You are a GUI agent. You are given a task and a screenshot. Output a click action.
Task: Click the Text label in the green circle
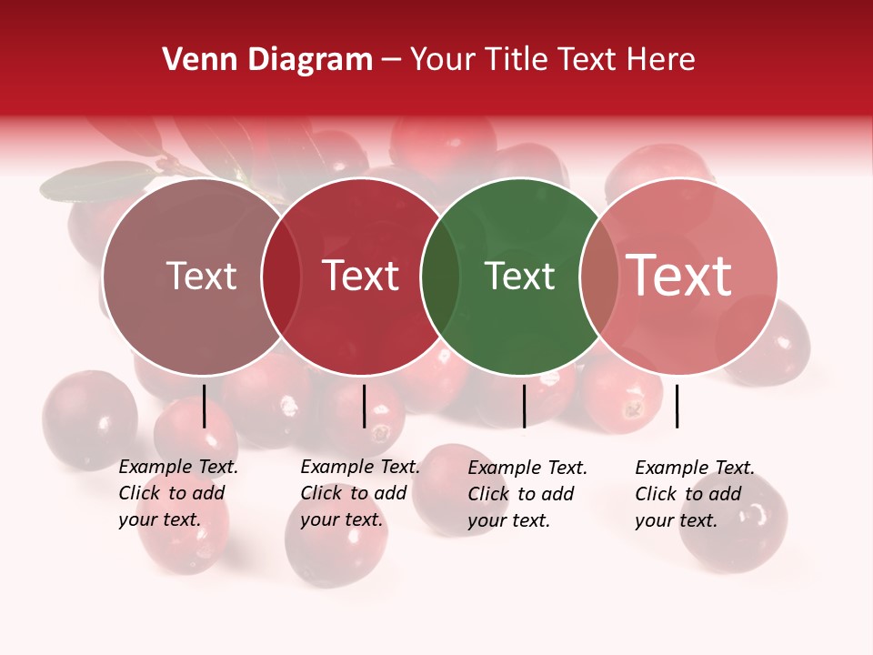pos(519,277)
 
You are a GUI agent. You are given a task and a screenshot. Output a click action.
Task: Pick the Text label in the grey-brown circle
pos(202,277)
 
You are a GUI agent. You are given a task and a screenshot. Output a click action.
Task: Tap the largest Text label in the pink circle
pos(679,275)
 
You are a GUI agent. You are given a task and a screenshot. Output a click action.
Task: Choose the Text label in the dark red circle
pos(361,277)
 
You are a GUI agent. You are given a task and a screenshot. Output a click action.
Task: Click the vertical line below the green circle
pos(524,406)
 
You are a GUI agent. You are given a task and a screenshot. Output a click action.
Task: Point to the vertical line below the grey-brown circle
pos(204,406)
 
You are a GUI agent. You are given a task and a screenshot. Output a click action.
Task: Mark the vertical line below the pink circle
pos(677,406)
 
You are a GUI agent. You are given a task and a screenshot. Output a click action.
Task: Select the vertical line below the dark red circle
pos(364,406)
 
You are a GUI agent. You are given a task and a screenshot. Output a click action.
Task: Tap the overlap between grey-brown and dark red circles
pos(281,277)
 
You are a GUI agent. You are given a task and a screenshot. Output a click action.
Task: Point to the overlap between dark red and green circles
pos(440,277)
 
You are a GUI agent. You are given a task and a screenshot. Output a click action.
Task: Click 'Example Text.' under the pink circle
pos(695,468)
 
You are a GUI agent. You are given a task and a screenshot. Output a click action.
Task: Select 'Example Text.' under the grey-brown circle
pos(178,467)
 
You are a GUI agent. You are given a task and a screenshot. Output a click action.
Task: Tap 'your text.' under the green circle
pos(508,520)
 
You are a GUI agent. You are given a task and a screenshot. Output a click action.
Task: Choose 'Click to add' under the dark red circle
pos(353,493)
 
